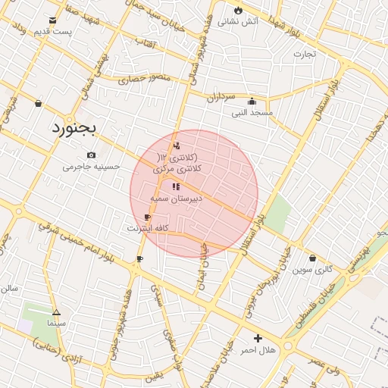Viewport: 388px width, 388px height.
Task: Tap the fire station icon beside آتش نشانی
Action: [x=239, y=11]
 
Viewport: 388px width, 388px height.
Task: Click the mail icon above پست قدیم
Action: [x=52, y=20]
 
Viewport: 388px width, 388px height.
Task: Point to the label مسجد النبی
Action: [x=252, y=112]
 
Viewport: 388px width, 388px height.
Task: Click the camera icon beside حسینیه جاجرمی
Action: [x=92, y=155]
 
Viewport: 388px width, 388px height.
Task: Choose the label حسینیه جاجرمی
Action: [x=92, y=166]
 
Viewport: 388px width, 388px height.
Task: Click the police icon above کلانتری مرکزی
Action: [x=177, y=145]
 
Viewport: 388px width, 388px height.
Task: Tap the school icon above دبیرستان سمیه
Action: [x=176, y=186]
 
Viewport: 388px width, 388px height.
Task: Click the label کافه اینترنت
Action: [x=147, y=227]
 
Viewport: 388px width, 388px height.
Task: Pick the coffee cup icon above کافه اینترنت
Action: [x=147, y=217]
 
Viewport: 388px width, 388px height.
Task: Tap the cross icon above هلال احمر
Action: [x=258, y=338]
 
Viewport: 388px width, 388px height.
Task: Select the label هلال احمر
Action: [x=258, y=349]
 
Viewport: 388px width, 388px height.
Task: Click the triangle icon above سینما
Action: [x=56, y=312]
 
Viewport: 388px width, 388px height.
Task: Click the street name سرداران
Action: [x=221, y=97]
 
